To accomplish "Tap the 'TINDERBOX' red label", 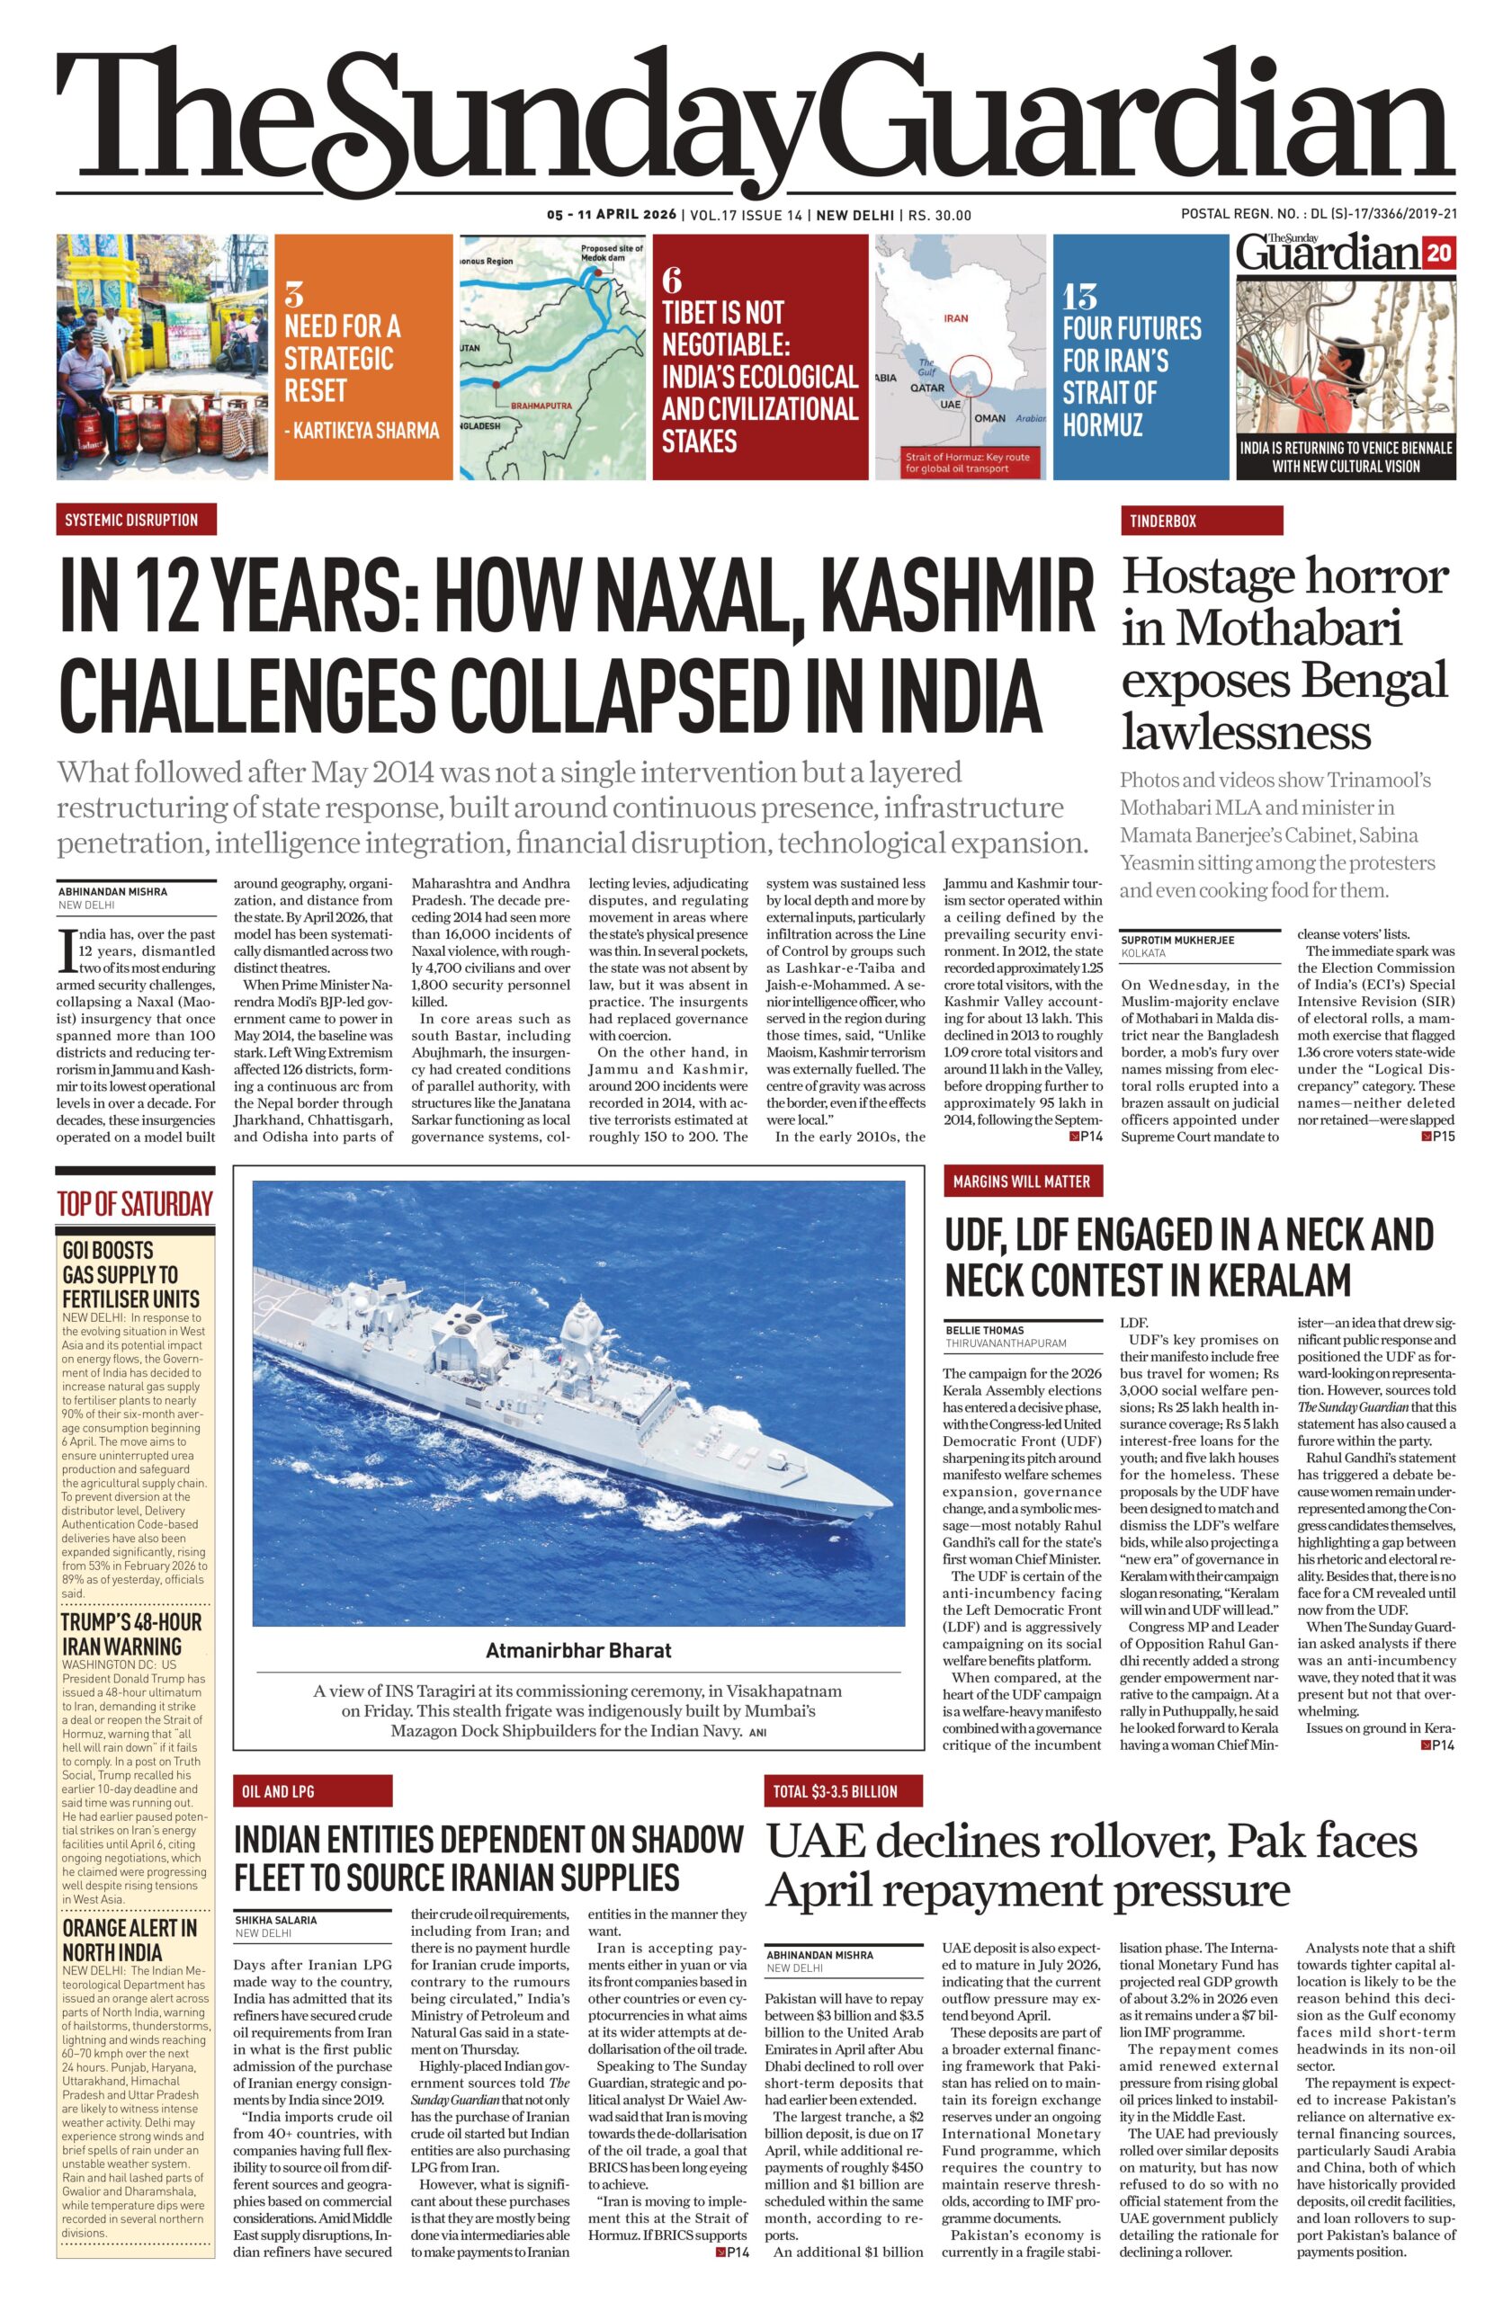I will pyautogui.click(x=1163, y=521).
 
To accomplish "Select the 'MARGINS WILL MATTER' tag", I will pyautogui.click(x=1021, y=1181).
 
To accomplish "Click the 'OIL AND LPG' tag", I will pyautogui.click(x=276, y=1791).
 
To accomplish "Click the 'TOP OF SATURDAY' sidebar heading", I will pyautogui.click(x=134, y=1204).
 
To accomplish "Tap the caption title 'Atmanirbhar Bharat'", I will pyautogui.click(x=577, y=1649).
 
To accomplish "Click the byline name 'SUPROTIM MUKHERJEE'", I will pyautogui.click(x=1176, y=939).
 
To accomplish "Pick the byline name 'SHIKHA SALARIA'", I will pyautogui.click(x=276, y=1920).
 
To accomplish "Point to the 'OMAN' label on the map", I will pyautogui.click(x=989, y=418).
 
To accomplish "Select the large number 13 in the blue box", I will pyautogui.click(x=1079, y=294).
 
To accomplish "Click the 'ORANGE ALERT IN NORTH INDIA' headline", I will pyautogui.click(x=130, y=1941).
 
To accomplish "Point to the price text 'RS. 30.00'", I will pyautogui.click(x=939, y=216).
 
